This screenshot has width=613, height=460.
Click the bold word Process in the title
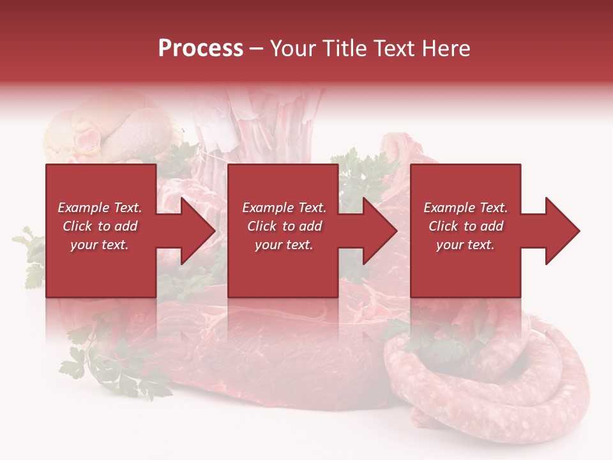[x=201, y=49]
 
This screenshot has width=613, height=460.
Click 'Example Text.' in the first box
[x=100, y=208]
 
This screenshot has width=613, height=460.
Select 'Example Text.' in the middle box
[x=284, y=208]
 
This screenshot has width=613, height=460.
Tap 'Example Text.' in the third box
[x=465, y=208]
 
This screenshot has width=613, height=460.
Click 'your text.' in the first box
[x=100, y=245]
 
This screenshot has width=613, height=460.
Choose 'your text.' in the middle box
[x=284, y=245]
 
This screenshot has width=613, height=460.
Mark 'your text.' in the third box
[x=465, y=245]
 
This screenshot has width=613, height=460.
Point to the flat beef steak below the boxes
[x=268, y=358]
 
